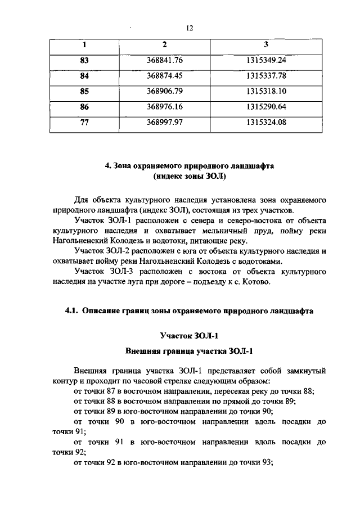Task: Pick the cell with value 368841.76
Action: (x=165, y=60)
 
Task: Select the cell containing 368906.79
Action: (x=165, y=91)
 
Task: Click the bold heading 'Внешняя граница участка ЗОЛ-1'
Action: (x=189, y=352)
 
